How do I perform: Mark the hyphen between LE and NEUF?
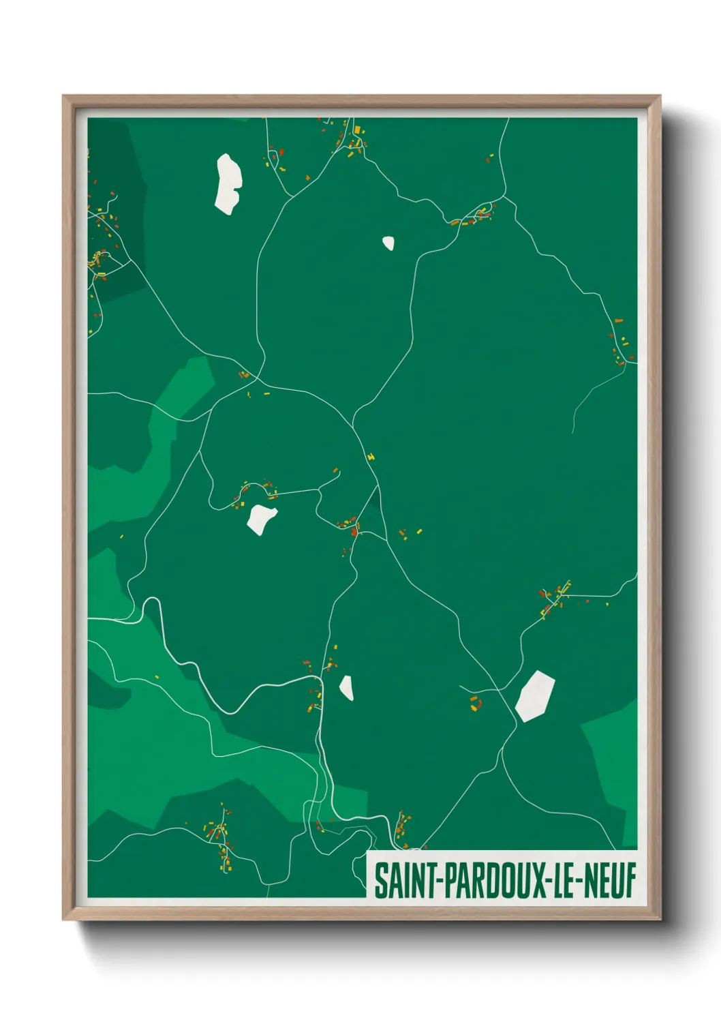point(578,881)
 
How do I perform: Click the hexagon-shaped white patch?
point(535,695)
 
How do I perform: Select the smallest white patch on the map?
point(388,243)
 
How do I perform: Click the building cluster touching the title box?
point(403,828)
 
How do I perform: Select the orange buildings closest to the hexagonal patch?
point(475,703)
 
